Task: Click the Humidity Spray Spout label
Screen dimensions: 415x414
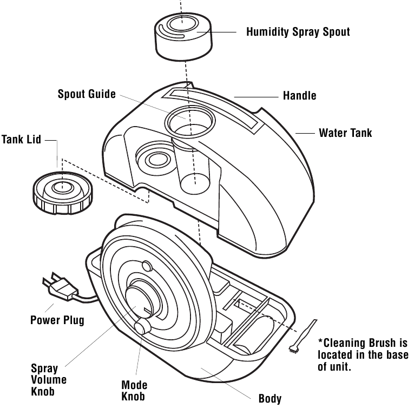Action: point(298,31)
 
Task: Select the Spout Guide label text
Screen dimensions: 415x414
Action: point(87,94)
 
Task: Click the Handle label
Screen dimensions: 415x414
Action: point(299,96)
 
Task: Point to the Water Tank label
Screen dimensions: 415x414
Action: point(345,133)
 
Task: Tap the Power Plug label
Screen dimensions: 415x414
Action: point(57,320)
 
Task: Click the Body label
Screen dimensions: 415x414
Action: point(270,399)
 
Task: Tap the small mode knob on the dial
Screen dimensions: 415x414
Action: point(142,327)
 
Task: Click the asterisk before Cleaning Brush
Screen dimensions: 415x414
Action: point(320,342)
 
